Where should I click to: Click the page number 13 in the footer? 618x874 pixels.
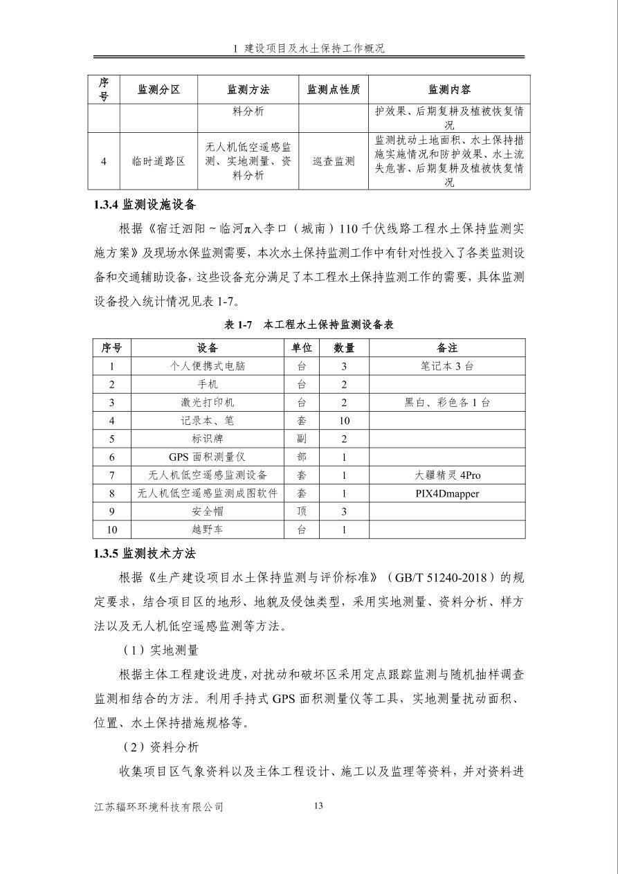[x=318, y=805]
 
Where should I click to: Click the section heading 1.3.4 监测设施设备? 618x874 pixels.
[x=145, y=205]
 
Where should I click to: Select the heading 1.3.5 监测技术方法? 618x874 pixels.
[x=145, y=554]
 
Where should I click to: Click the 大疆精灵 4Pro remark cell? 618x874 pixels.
[x=447, y=475]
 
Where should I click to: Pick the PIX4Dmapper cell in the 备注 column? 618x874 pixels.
[x=447, y=493]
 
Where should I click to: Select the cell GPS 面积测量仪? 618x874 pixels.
[x=207, y=457]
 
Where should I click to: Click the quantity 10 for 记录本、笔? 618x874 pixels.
[x=344, y=421]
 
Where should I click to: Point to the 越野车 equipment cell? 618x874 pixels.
[x=207, y=529]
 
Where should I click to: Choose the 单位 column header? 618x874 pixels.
[x=301, y=347]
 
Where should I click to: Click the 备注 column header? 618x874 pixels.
[x=447, y=347]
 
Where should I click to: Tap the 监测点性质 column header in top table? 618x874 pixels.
[x=334, y=90]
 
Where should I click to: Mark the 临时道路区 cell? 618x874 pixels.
[x=158, y=161]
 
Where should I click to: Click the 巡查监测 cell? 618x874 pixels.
[x=334, y=161]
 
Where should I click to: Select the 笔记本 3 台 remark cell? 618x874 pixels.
[x=447, y=366]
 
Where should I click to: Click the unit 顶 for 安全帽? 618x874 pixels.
[x=301, y=511]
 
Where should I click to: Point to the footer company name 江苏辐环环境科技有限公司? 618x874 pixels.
[x=159, y=807]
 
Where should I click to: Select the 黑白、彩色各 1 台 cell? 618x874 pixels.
[x=447, y=403]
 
